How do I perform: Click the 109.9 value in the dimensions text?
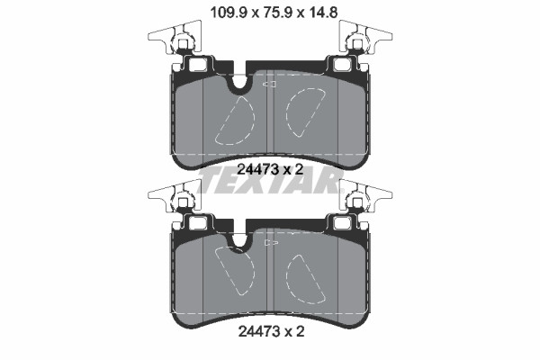click(x=229, y=13)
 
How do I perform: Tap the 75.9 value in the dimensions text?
click(x=277, y=13)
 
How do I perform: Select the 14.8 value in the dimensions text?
click(x=322, y=13)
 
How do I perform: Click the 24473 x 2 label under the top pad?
click(x=270, y=169)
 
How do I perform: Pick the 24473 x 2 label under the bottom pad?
click(x=272, y=332)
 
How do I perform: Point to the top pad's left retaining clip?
click(x=175, y=38)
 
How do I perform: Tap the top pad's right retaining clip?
click(x=365, y=38)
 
